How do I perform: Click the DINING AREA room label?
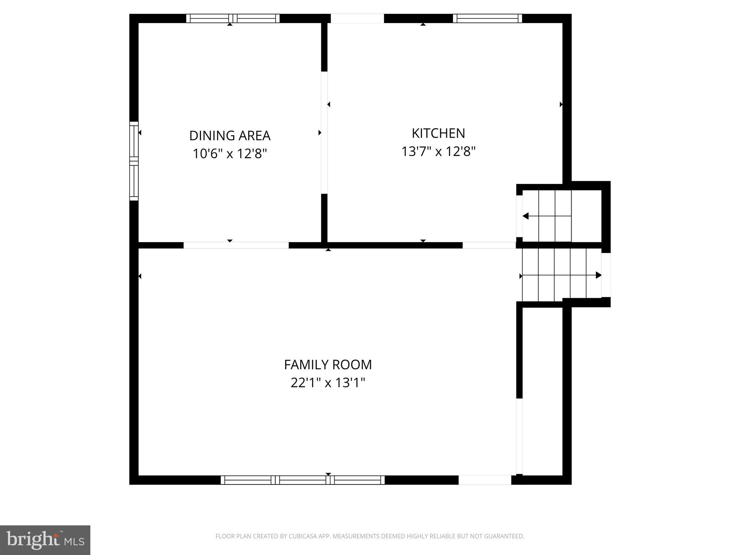tap(230, 135)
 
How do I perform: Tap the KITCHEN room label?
tap(438, 133)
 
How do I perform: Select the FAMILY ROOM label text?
tap(328, 365)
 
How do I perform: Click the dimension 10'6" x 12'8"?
tap(230, 154)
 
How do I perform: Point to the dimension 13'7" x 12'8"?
tap(438, 151)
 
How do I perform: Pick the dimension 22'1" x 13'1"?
tap(328, 383)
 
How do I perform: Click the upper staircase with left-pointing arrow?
tap(555, 216)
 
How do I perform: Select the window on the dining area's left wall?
tap(134, 161)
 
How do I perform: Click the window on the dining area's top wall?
tap(233, 18)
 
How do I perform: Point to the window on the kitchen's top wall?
tap(487, 18)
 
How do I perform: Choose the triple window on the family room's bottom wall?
tap(303, 480)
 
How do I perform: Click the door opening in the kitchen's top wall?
tap(357, 18)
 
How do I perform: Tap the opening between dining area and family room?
tap(236, 245)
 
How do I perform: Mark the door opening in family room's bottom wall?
tap(485, 480)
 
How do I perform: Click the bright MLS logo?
tap(45, 540)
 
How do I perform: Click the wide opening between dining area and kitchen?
tap(324, 133)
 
